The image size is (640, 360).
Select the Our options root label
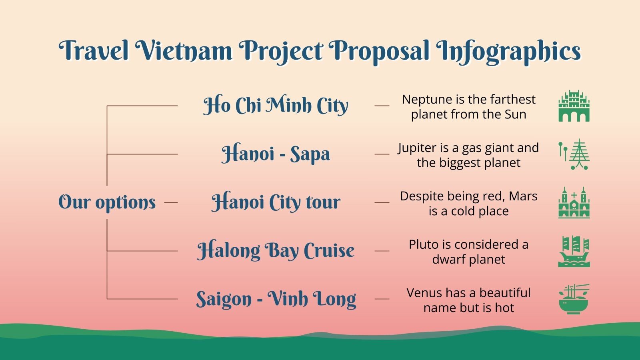pos(107,202)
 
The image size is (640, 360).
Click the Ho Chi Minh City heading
pos(276,106)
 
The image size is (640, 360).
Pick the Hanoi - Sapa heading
pos(276,154)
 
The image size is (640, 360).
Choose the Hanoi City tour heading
pos(276,202)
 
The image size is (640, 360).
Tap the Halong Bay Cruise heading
pos(276,251)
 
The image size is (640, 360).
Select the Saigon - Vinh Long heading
pos(276,299)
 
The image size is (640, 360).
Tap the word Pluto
pos(422,244)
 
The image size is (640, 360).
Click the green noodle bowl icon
pos(574,299)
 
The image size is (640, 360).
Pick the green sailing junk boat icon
pos(574,251)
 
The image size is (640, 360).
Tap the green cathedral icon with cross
pos(574,202)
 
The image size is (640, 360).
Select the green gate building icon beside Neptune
pos(574,106)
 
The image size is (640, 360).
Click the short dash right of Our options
pos(171,202)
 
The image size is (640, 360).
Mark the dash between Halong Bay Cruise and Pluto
pos(382,251)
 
